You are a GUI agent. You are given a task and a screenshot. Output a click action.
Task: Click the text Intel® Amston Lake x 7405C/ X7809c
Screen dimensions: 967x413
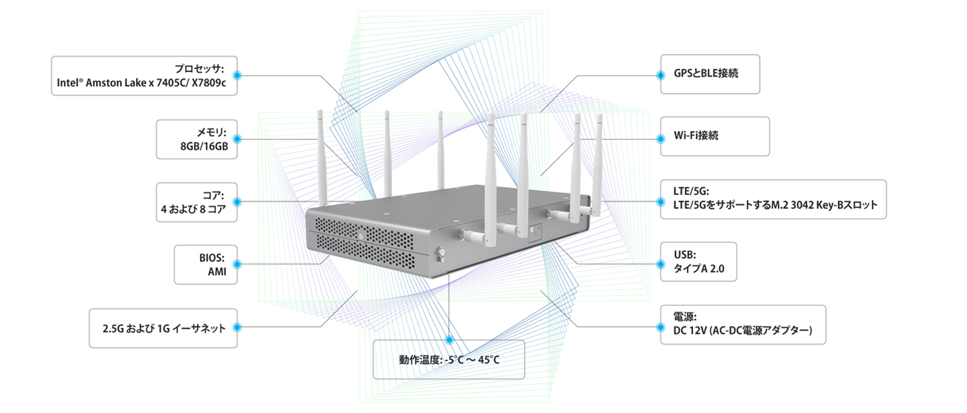[x=141, y=83]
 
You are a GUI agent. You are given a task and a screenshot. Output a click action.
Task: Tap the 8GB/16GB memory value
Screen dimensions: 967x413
[x=204, y=146]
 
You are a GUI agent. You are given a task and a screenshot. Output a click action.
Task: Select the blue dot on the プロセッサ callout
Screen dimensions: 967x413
[x=237, y=76]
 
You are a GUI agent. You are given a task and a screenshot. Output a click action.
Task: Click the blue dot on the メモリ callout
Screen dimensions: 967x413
[x=237, y=139]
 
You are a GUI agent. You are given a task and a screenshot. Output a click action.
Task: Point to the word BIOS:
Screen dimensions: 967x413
[x=211, y=258]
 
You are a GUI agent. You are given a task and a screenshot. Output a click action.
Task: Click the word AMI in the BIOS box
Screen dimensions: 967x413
[x=217, y=272]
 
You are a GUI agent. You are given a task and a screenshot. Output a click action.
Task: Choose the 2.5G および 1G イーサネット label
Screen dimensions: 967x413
[x=164, y=328]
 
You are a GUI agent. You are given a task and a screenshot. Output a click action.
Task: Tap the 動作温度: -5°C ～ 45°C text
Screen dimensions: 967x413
[x=449, y=360]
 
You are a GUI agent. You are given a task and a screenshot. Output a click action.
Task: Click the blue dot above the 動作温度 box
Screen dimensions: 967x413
[x=449, y=340]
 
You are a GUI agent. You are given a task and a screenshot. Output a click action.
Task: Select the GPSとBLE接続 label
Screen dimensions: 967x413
[x=706, y=74]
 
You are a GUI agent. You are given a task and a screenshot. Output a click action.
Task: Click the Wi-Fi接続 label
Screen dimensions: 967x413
[x=696, y=136]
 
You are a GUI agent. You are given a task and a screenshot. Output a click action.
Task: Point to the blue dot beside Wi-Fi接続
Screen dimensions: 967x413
[x=660, y=139]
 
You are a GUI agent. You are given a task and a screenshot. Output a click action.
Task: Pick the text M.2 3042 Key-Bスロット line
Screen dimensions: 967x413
[x=776, y=205]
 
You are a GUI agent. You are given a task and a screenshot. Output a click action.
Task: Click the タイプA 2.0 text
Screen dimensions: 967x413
[x=699, y=268]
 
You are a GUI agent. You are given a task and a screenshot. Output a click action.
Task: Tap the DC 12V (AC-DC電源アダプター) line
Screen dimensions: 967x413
[x=743, y=330]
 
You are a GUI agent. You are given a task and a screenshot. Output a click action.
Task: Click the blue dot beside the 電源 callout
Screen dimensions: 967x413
[x=660, y=327]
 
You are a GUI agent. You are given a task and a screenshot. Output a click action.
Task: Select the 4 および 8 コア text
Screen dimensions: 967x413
[x=193, y=210]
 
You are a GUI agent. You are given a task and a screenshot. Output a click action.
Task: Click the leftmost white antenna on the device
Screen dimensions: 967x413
[x=322, y=157]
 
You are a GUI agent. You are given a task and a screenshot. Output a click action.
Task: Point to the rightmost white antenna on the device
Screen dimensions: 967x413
[x=598, y=164]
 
